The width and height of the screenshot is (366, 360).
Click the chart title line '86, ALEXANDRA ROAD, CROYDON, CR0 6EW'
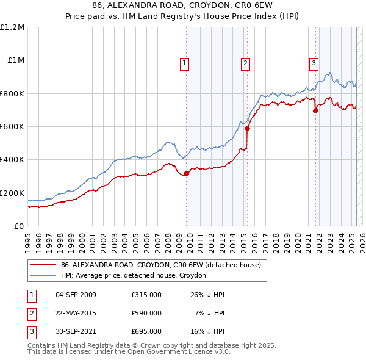tap(183, 6)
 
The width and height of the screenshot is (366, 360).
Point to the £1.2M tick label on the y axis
tap(12, 27)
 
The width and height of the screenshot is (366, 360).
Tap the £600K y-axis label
tap(12, 127)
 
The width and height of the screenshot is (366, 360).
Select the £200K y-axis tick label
tap(12, 193)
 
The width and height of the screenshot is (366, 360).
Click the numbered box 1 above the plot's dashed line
tap(184, 62)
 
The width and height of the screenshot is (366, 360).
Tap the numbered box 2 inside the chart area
tap(245, 62)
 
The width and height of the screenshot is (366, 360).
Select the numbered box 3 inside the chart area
tap(314, 62)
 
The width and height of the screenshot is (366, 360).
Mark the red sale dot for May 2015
tap(247, 129)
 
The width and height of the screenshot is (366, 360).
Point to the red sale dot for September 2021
tap(316, 111)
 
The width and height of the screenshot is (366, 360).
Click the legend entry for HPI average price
tap(133, 275)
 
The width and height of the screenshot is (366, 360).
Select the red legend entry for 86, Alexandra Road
tap(161, 265)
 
